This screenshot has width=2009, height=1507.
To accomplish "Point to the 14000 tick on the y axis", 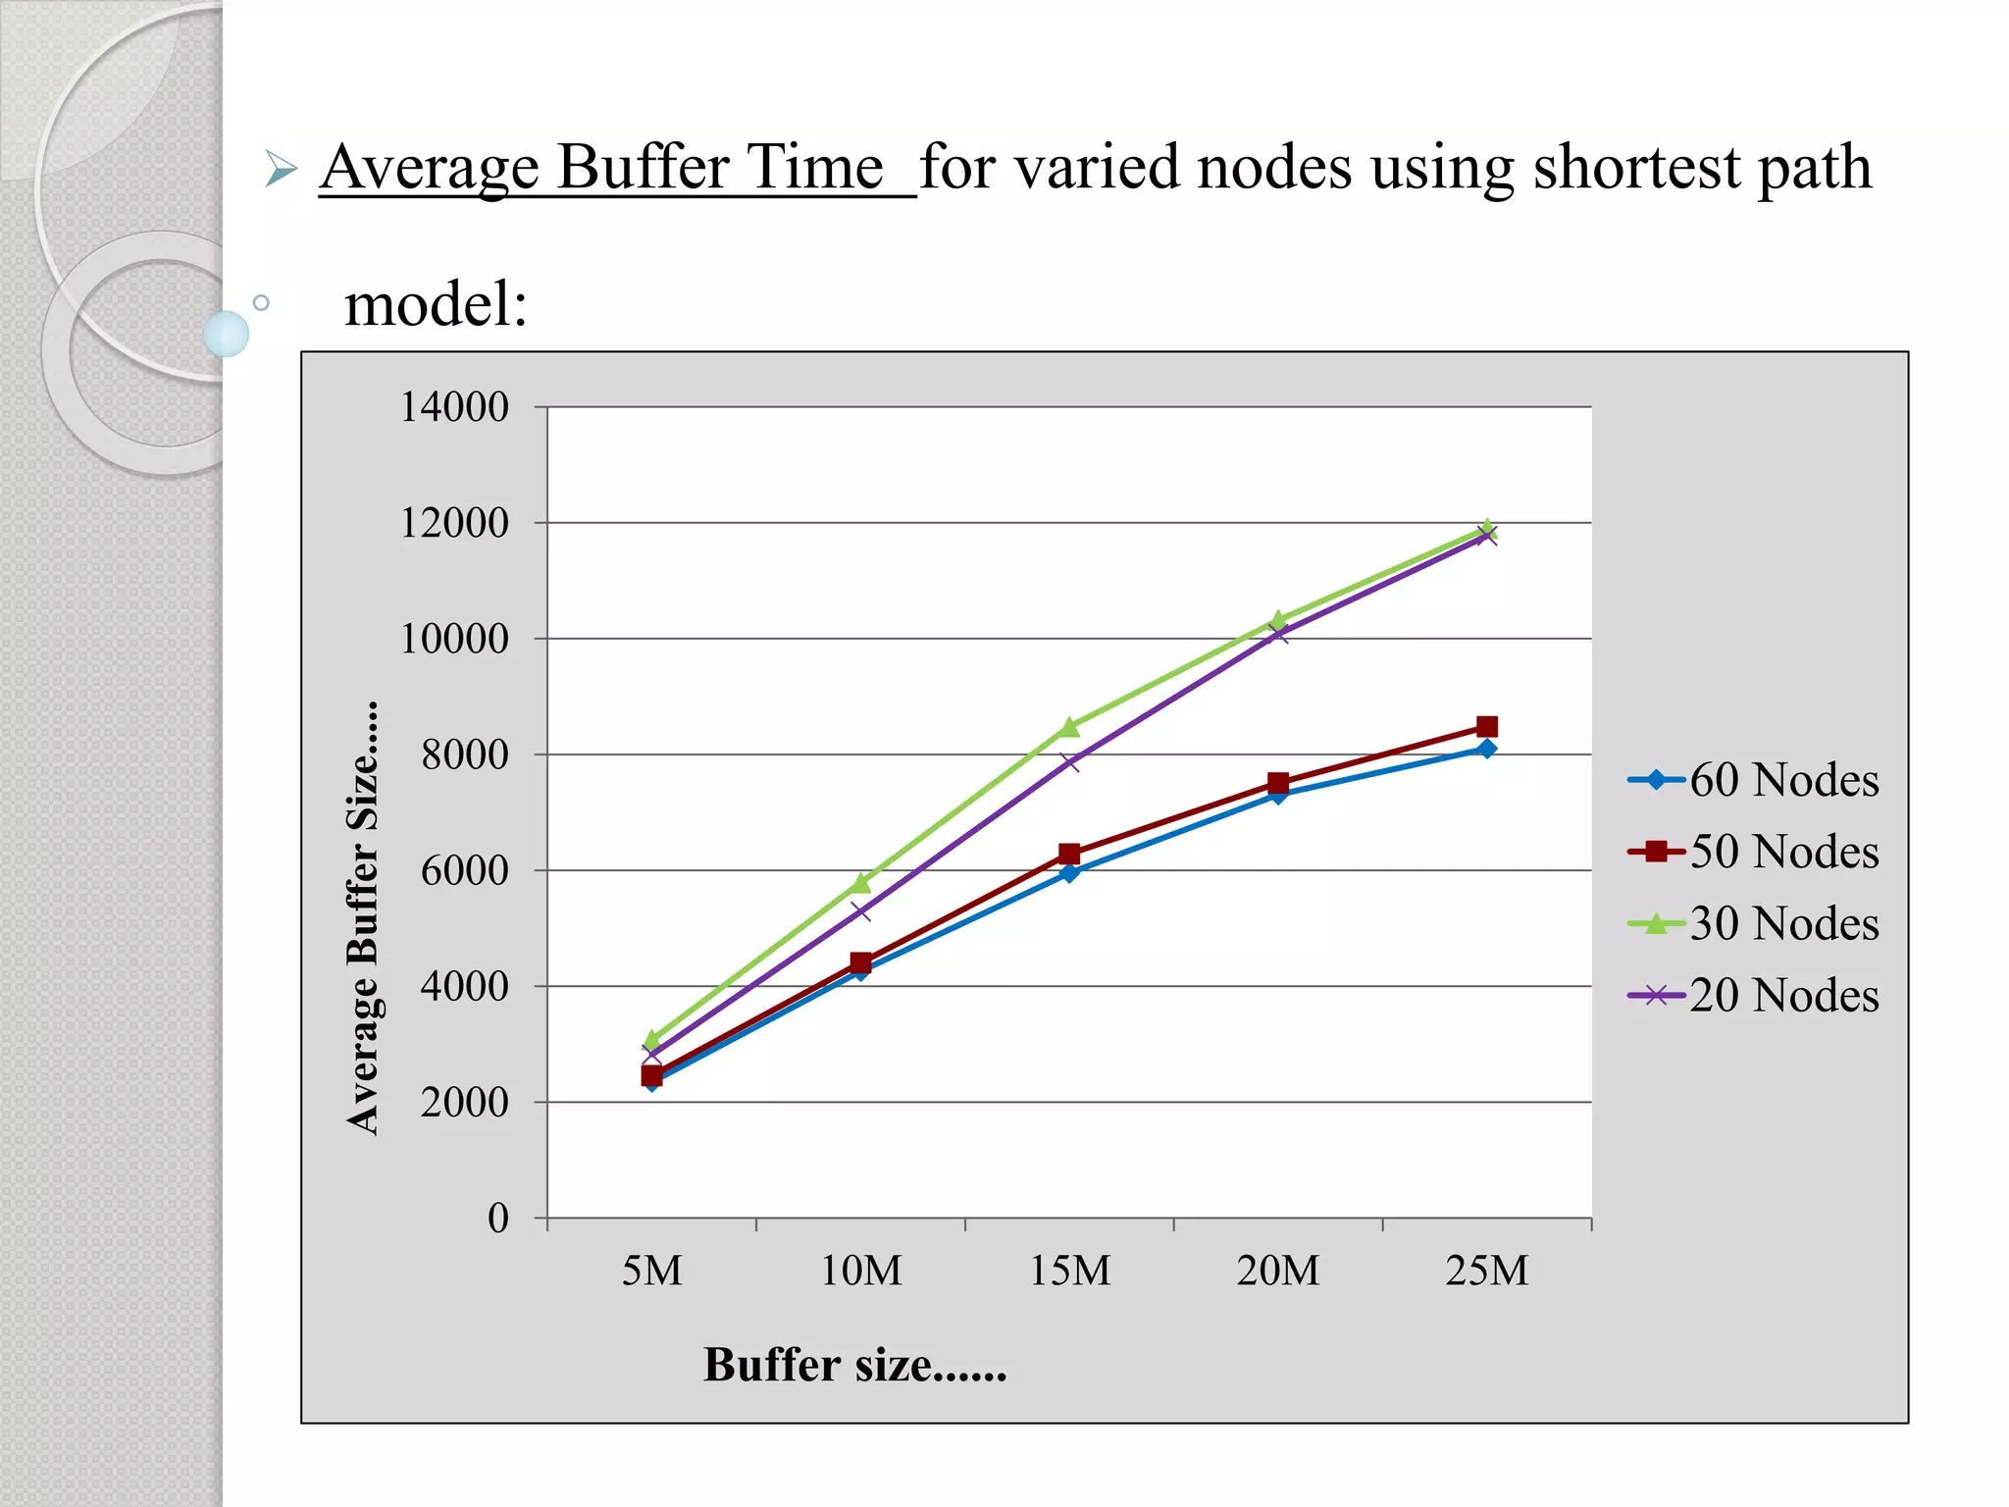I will pyautogui.click(x=454, y=407).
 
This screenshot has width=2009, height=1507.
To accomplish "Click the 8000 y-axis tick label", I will pyautogui.click(x=465, y=754).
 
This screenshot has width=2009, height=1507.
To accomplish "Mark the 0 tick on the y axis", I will pyautogui.click(x=498, y=1219).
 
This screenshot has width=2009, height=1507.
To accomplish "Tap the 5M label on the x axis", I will pyautogui.click(x=651, y=1272).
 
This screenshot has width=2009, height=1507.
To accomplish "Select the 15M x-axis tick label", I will pyautogui.click(x=1069, y=1272).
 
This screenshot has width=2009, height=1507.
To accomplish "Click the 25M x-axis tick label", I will pyautogui.click(x=1486, y=1272).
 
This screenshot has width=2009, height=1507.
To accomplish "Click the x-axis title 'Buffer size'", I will pyautogui.click(x=854, y=1365).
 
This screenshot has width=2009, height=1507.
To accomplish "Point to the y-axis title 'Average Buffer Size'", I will pyautogui.click(x=364, y=918).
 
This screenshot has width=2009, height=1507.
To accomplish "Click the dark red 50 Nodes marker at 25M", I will pyautogui.click(x=1487, y=727).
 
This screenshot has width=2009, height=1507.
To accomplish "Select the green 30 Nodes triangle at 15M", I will pyautogui.click(x=1069, y=727).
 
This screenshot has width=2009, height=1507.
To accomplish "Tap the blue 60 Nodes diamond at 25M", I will pyautogui.click(x=1487, y=750).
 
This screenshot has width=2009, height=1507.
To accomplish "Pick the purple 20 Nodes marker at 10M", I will pyautogui.click(x=860, y=911).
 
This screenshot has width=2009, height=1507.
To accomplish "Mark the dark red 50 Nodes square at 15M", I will pyautogui.click(x=1069, y=854).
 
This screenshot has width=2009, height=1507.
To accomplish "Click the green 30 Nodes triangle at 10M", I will pyautogui.click(x=860, y=883).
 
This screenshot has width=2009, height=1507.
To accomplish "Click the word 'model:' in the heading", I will pyautogui.click(x=437, y=304).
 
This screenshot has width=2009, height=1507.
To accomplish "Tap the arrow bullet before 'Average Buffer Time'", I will pyautogui.click(x=281, y=170).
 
